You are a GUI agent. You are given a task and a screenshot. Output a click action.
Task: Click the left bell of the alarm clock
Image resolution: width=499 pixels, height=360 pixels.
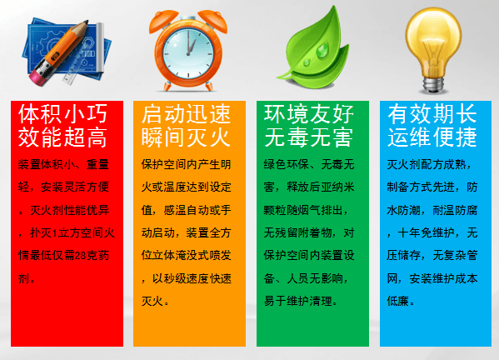(x=163, y=19)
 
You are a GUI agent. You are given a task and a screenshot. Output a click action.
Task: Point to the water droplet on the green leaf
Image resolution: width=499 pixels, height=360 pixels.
(x=322, y=51)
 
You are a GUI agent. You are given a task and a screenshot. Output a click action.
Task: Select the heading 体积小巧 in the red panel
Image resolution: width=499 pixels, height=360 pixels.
(x=62, y=114)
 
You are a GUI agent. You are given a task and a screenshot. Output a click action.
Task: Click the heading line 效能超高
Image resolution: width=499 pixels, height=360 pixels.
(x=62, y=137)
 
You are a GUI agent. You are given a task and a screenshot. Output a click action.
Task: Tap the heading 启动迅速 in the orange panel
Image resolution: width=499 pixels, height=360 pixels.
(x=186, y=114)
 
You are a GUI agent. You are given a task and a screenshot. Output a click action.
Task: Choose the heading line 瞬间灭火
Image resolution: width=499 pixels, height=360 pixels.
(x=186, y=137)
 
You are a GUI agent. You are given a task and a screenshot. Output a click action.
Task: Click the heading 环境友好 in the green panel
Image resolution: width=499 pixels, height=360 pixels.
(x=309, y=114)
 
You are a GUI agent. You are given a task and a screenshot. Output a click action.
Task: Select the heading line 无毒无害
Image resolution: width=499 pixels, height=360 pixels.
(x=309, y=137)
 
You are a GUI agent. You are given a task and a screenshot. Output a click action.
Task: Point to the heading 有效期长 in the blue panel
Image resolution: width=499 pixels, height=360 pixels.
(x=432, y=114)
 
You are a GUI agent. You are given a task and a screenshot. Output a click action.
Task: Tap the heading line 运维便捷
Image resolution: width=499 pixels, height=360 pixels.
(x=432, y=137)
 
